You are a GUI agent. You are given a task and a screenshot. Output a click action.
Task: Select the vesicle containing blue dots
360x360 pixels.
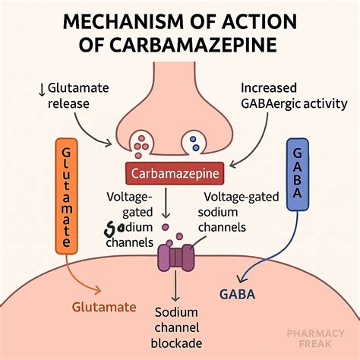tap(194, 141)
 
